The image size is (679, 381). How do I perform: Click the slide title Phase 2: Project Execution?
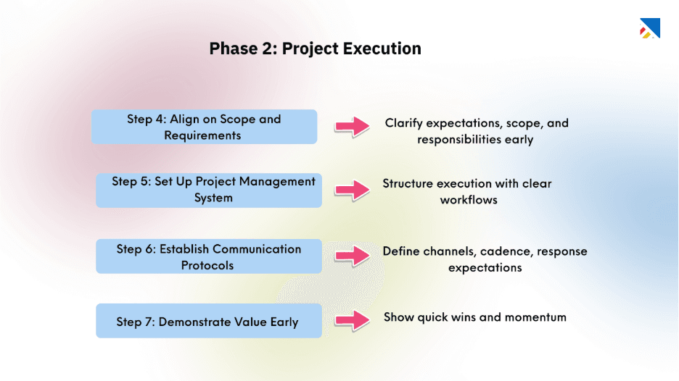click(x=315, y=49)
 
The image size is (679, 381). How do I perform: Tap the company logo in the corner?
click(x=649, y=28)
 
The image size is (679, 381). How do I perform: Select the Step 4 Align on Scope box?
click(x=204, y=127)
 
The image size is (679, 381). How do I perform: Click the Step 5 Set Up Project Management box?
click(x=209, y=190)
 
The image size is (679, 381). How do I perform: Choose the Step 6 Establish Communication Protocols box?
click(x=209, y=256)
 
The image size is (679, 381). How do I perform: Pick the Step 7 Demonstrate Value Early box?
click(x=209, y=322)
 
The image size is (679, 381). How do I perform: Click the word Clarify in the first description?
click(x=403, y=123)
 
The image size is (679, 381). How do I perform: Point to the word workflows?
click(x=469, y=200)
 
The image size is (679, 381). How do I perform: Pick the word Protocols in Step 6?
click(x=207, y=266)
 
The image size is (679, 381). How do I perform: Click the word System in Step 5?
click(x=213, y=198)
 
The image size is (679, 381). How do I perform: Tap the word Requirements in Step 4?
click(x=202, y=135)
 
